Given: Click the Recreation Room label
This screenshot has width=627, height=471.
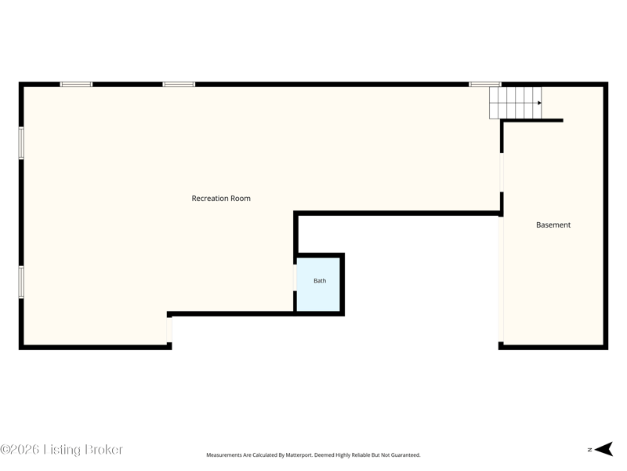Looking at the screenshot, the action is coord(221,199).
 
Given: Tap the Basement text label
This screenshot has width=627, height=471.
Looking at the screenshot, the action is coord(553,225).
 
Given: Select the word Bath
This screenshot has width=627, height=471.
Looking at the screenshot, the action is coord(320,281).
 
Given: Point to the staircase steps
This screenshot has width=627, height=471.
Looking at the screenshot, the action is coord(516,103).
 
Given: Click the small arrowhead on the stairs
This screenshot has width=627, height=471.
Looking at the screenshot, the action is coord(539,103).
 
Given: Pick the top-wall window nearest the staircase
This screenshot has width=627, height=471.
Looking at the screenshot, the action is coord(484,84).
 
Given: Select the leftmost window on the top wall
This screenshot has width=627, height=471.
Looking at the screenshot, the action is coord(76,84).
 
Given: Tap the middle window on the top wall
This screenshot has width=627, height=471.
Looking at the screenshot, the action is coord(179,84).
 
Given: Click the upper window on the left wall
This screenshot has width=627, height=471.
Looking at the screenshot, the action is coord(21,143).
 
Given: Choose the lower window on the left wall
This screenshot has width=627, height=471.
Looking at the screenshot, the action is coord(21,282).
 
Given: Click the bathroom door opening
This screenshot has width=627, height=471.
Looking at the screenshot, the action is coord(295,277).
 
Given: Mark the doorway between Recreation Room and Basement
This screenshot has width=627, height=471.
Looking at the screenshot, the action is coord(502,172).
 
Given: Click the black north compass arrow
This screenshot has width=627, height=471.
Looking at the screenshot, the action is coord(604,449).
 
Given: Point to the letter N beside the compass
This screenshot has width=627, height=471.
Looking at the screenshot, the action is coord(590,450).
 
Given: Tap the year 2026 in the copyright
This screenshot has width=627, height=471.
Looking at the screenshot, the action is coord(24,449).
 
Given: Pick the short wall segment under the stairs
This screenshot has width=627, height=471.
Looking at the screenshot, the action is coord(532,121).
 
